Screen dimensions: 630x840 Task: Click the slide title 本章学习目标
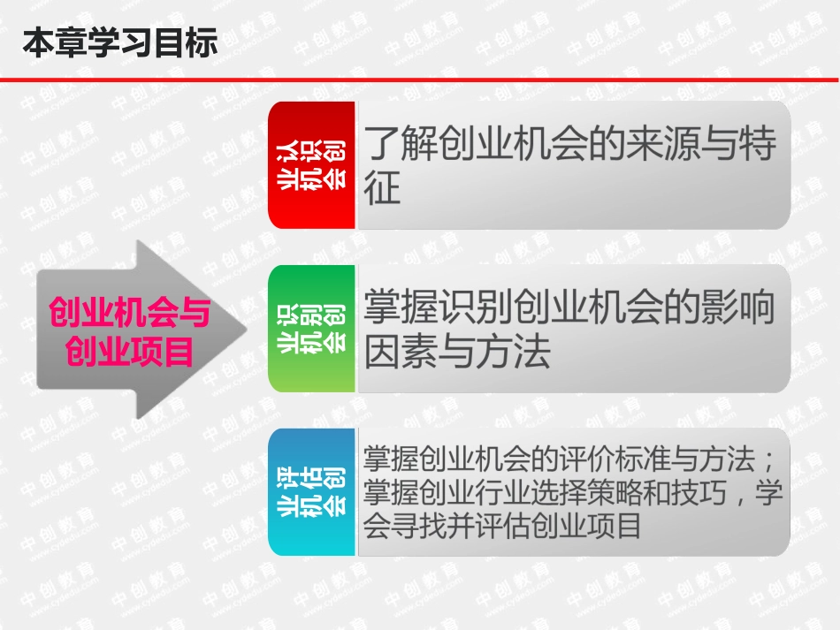coord(119,42)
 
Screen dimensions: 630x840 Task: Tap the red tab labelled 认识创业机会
coord(311,164)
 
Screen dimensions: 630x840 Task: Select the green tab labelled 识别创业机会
coord(311,329)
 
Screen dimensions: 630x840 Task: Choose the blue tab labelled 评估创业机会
coord(311,493)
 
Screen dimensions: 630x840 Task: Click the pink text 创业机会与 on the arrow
coord(128,312)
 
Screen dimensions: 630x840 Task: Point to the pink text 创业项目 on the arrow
coord(129,352)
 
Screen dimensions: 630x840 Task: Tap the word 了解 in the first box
coord(392,144)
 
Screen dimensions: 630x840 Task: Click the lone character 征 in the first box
coord(382,187)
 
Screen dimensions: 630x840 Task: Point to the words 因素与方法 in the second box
coord(457,352)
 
